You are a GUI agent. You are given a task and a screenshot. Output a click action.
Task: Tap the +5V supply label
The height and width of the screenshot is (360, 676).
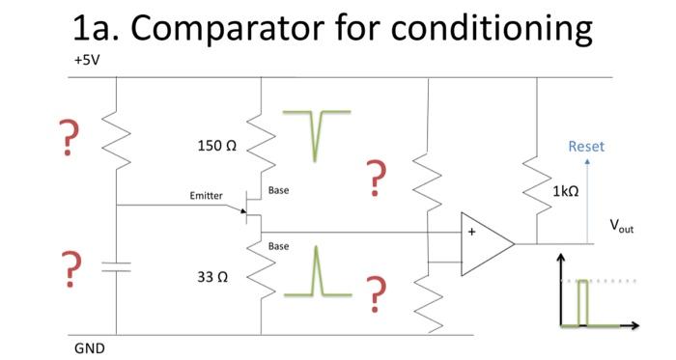(86, 60)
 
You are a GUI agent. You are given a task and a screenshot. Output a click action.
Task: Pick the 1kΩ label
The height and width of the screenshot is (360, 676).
(566, 192)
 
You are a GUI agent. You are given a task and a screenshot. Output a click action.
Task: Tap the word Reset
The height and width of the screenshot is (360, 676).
(586, 147)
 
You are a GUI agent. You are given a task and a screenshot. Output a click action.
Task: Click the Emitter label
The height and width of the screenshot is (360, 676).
(206, 196)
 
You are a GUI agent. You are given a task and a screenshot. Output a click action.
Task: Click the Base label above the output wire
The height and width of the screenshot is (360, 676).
(278, 190)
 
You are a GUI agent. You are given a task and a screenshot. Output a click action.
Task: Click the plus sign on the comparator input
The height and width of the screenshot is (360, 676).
(472, 232)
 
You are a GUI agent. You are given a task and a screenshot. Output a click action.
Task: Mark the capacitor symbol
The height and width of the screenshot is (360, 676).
(116, 266)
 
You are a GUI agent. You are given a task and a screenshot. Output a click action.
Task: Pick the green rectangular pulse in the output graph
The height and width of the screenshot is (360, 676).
(582, 304)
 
